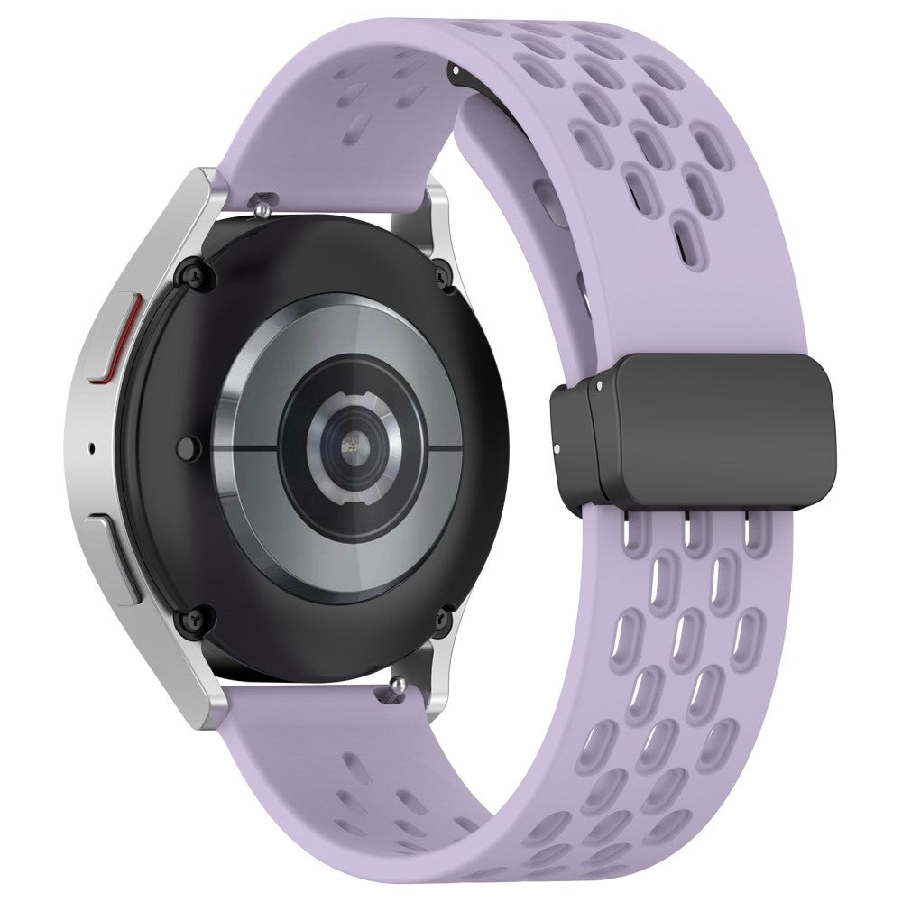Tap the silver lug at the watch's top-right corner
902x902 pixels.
point(429,216)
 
